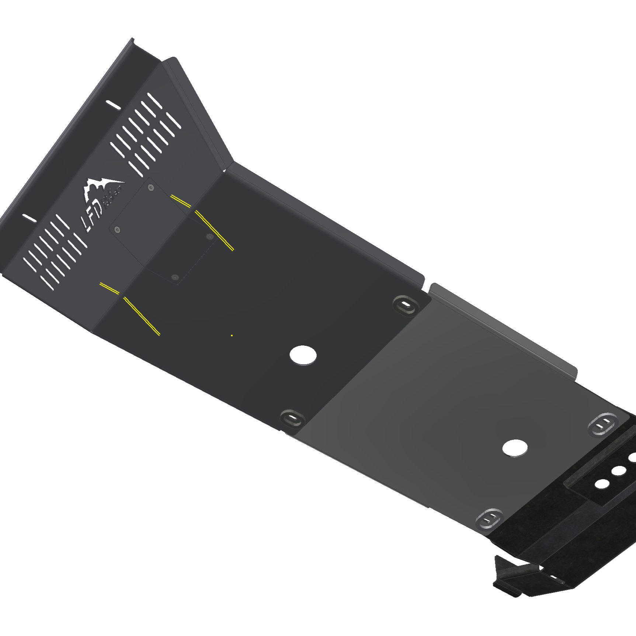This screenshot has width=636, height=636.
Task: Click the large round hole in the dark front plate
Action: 303,355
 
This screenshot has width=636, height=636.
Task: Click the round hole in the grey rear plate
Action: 515,448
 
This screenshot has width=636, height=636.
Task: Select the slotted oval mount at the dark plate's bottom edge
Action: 292,419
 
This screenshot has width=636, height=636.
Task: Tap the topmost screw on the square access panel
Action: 150,188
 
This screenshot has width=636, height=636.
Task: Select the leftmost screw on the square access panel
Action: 117,230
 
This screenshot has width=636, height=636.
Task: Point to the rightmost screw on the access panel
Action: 209,236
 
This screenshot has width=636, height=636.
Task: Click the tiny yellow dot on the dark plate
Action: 232,336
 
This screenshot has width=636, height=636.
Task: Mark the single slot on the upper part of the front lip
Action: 113,105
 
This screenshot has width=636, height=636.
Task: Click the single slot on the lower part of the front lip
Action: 29,218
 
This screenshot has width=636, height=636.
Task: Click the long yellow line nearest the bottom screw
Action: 142,316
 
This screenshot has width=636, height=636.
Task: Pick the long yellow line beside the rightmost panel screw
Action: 214,230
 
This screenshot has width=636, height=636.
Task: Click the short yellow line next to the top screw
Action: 181,201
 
